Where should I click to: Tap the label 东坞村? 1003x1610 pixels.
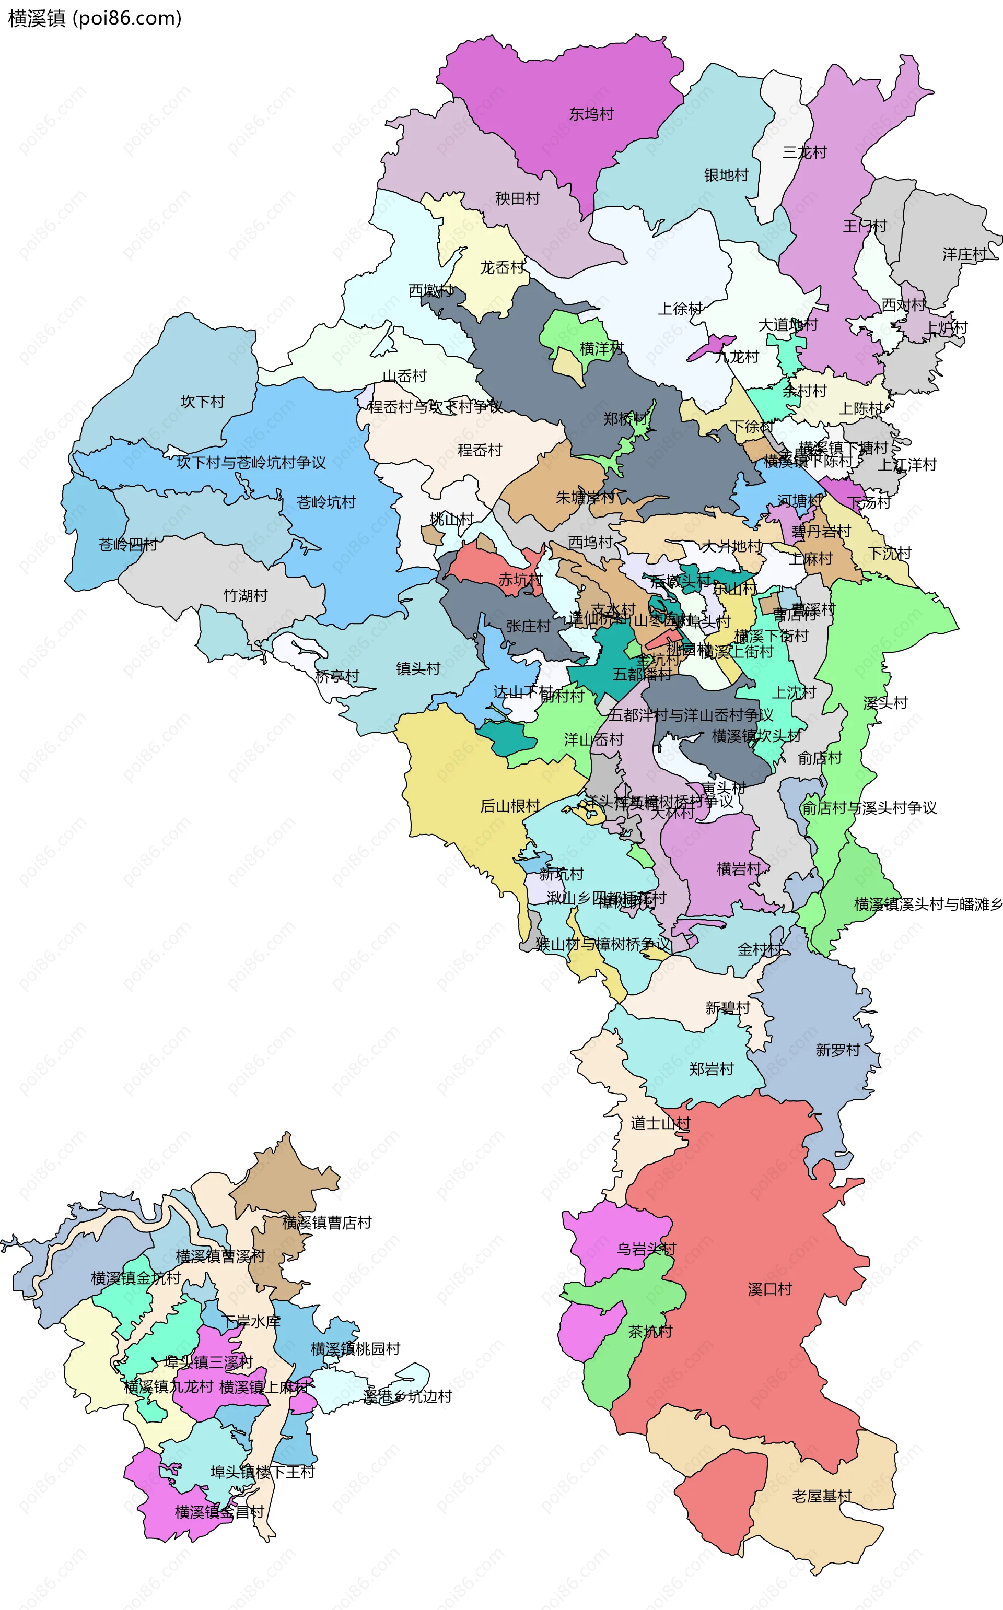pos(591,114)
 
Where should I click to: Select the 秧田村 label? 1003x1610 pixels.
pos(517,198)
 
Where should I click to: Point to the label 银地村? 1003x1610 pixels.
pos(726,175)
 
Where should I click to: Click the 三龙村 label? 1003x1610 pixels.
pos(804,152)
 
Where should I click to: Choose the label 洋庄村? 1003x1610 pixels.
pos(964,254)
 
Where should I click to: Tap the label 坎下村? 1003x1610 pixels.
pos(202,401)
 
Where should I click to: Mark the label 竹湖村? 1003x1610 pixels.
pos(245,595)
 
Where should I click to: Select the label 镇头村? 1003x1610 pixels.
pos(418,668)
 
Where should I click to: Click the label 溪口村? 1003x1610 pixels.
pos(769,1289)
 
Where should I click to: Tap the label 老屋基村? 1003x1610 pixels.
pos(821,1496)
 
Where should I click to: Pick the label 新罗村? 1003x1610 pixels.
pos(837,1050)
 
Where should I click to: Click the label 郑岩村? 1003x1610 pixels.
pos(711,1069)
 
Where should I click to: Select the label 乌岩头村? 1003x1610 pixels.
pos(646,1249)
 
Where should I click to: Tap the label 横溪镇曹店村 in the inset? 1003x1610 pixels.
pos(326,1222)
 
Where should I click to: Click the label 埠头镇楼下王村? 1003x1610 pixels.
pos(262,1472)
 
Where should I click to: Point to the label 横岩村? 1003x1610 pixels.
pos(738,868)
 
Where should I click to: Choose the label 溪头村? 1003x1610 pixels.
pos(885,703)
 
